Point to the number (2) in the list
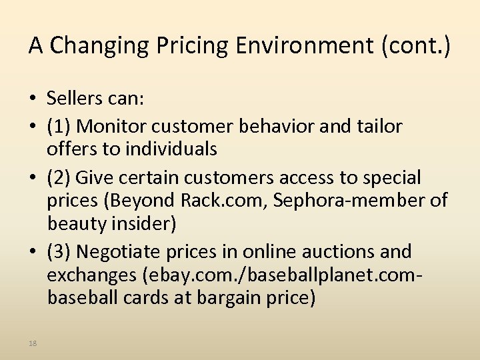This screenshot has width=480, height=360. (x=59, y=178)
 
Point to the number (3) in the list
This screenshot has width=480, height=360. (x=59, y=251)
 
